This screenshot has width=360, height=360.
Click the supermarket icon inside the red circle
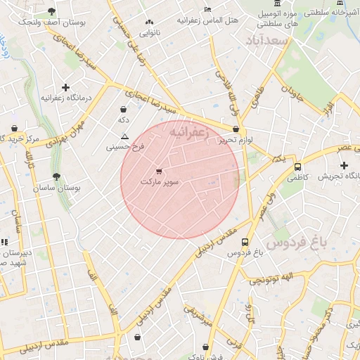tap(159, 171)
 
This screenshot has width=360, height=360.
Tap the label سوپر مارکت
tap(160, 182)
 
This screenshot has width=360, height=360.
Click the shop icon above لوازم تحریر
tap(236, 129)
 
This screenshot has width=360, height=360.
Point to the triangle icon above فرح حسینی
tap(125, 136)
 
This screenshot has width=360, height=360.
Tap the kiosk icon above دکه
tap(124, 110)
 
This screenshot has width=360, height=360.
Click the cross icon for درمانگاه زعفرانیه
tap(66, 88)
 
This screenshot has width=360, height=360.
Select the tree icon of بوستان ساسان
tap(56, 177)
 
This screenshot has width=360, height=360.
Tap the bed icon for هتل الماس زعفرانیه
tap(206, 8)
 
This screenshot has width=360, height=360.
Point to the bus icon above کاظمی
tap(298, 167)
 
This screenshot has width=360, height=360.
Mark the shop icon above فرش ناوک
tap(205, 347)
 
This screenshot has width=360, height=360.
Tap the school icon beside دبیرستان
tap(4, 241)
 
